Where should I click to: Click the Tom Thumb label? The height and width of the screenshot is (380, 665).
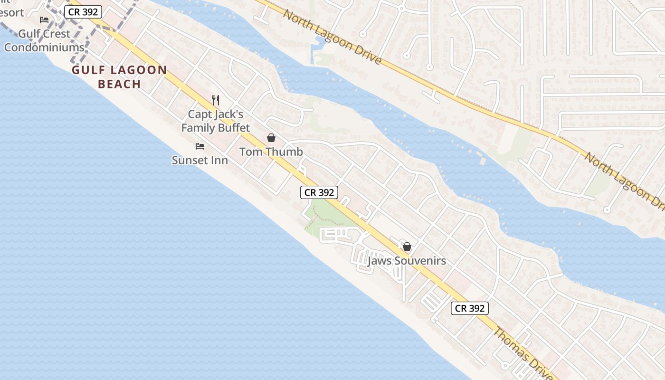pos(271,152)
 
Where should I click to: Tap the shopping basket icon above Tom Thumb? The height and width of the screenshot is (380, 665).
pos(271,138)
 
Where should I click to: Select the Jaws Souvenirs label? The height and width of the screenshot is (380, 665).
pos(407,261)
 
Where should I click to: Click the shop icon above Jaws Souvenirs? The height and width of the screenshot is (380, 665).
pos(407,247)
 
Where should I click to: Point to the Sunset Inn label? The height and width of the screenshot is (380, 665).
pos(199,161)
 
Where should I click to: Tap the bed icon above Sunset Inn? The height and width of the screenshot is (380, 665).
pos(200,146)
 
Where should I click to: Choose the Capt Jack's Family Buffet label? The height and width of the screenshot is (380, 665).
pos(215,121)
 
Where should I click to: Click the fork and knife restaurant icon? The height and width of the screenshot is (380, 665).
pos(216,100)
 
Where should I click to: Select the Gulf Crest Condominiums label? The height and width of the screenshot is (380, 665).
pos(44,41)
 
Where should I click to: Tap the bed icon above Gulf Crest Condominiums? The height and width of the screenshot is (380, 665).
pos(44,20)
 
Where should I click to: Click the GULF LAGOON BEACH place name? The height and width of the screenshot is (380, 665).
pos(120,77)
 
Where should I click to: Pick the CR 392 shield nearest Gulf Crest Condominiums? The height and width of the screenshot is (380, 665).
pos(83,12)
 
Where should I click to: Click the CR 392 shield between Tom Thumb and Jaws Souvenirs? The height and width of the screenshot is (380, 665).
pos(319,192)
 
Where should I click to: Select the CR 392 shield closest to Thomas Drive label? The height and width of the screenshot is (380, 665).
pos(469,308)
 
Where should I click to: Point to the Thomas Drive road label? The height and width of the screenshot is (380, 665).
pos(522,354)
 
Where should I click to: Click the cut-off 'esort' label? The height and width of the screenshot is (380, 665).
pos(11,12)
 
